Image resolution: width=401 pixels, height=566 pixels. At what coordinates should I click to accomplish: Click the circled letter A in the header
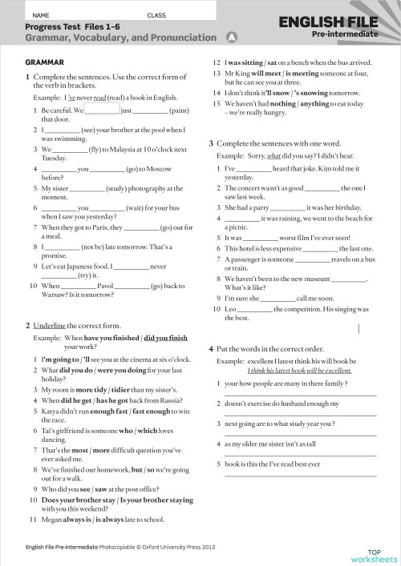point(232,37)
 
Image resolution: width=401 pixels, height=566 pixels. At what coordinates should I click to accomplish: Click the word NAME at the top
point(41,15)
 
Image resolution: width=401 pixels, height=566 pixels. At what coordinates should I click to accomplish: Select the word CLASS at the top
point(156,15)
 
